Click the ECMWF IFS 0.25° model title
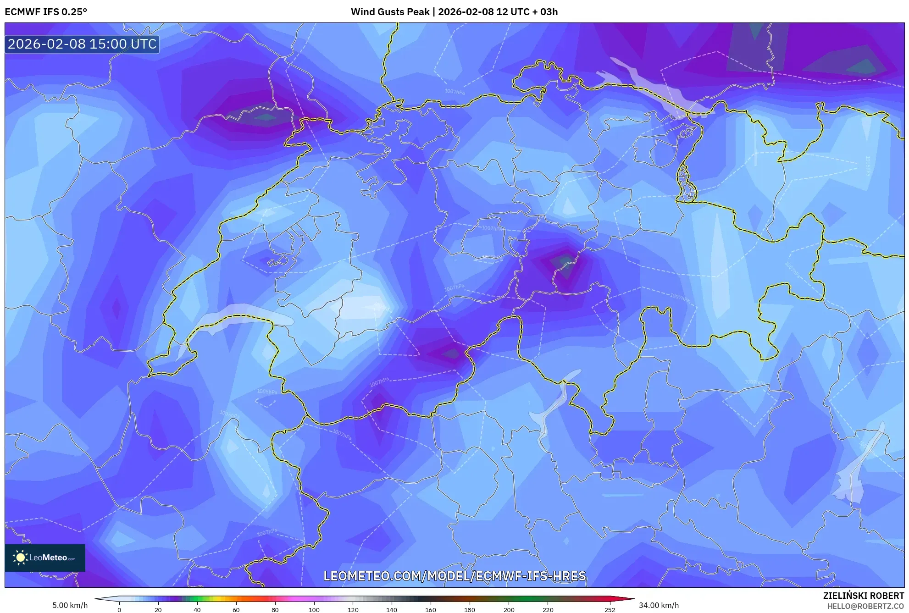[46, 12]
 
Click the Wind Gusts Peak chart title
[454, 12]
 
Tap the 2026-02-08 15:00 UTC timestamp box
[82, 44]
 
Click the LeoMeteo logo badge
[45, 558]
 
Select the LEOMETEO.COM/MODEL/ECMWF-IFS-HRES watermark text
[454, 576]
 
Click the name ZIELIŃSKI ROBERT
[863, 596]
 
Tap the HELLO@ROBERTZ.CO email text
[865, 606]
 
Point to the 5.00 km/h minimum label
[70, 605]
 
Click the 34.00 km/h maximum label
[659, 605]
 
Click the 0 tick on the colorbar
[119, 610]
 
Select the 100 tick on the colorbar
[314, 610]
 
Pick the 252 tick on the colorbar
[610, 610]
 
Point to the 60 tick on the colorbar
[236, 610]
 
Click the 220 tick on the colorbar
[548, 610]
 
